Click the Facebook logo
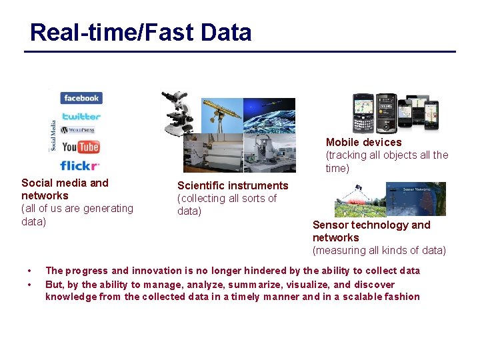click(x=81, y=98)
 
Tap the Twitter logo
click(x=81, y=116)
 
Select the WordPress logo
click(x=78, y=130)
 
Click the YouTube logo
click(x=81, y=147)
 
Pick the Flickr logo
click(x=79, y=165)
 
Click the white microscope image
click(x=178, y=111)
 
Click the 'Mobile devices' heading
click(x=363, y=142)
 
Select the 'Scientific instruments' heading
click(x=233, y=185)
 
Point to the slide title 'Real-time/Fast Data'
click(x=141, y=32)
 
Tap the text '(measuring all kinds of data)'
click(x=379, y=251)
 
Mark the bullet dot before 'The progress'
click(x=29, y=271)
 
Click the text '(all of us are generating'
click(x=77, y=208)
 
